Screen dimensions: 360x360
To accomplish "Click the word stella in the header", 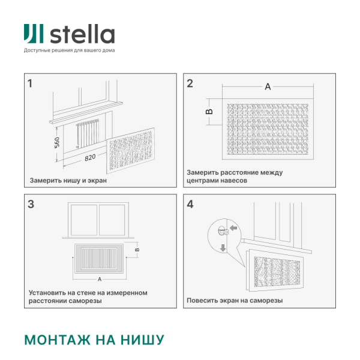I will pyautogui.click(x=82, y=34).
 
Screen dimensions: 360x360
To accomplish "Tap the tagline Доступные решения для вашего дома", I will pyautogui.click(x=69, y=50).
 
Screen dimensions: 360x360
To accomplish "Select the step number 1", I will pyautogui.click(x=30, y=83).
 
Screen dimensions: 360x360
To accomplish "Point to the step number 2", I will pyautogui.click(x=190, y=83).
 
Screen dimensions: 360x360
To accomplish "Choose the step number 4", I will pyautogui.click(x=190, y=204).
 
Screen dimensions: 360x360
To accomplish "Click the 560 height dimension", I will pyautogui.click(x=57, y=143).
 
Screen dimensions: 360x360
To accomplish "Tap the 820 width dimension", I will pyautogui.click(x=90, y=158).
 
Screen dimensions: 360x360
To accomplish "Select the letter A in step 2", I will pyautogui.click(x=268, y=87).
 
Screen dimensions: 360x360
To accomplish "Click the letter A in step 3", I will pyautogui.click(x=98, y=279).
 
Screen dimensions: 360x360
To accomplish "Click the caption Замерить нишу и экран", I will pyautogui.click(x=68, y=180).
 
